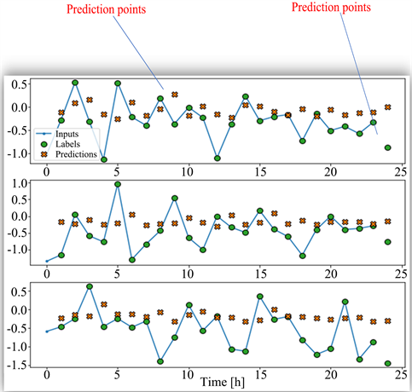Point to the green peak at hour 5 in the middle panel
click(x=118, y=184)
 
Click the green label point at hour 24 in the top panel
click(x=388, y=147)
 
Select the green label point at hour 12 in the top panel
click(x=218, y=159)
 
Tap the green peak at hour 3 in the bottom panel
click(x=90, y=286)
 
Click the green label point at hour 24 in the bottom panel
click(x=388, y=363)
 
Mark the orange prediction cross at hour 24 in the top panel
click(x=388, y=107)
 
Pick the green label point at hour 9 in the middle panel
click(x=175, y=198)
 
